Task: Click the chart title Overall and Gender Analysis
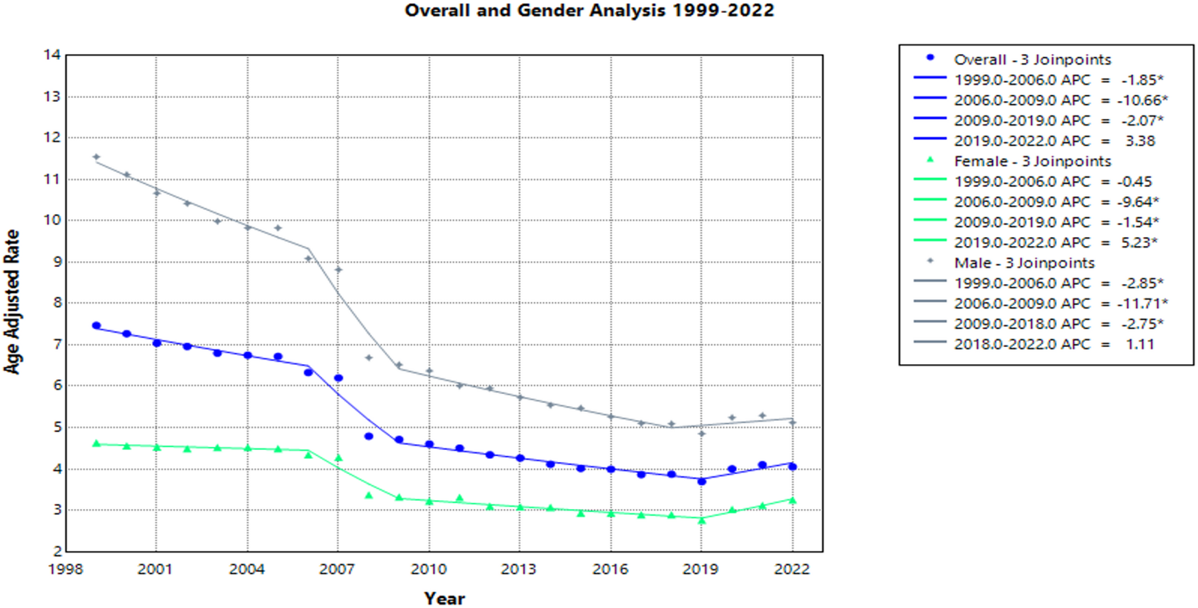(589, 11)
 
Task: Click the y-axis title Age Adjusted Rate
(12, 302)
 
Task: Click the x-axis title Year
(444, 598)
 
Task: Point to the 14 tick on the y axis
(53, 55)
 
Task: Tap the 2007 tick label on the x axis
(337, 569)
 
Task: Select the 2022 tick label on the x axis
(792, 569)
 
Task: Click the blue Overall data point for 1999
(97, 325)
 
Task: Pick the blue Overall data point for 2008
(369, 436)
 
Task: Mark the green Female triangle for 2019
(702, 520)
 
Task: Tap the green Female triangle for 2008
(369, 495)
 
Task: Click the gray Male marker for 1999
(97, 157)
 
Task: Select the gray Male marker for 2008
(369, 358)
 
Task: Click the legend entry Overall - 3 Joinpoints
(1032, 60)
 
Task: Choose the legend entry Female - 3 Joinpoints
(1032, 162)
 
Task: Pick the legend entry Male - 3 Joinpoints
(1024, 263)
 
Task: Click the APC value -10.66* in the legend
(1142, 100)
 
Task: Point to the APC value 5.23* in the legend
(1141, 243)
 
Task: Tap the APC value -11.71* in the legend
(1142, 303)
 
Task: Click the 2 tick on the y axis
(57, 551)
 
